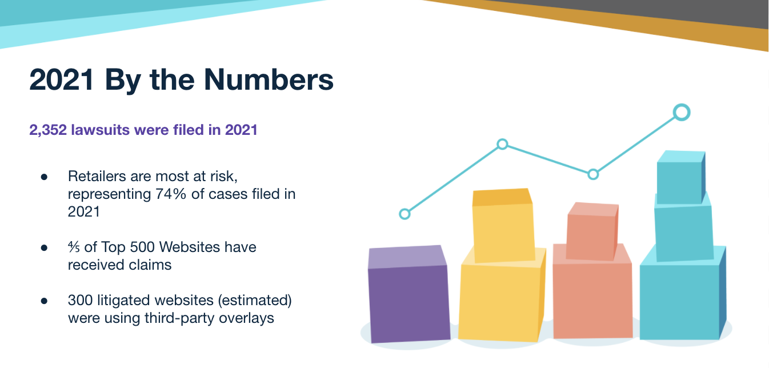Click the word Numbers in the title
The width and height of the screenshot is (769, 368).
click(x=269, y=79)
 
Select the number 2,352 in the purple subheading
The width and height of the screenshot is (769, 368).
click(x=48, y=130)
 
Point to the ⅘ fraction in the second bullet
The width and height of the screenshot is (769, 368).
click(x=74, y=247)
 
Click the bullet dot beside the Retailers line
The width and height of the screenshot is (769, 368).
click(x=44, y=177)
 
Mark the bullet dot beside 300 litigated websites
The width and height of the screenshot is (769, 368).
click(x=44, y=301)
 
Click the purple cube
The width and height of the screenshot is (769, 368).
click(x=408, y=294)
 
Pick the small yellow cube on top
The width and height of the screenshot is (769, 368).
click(x=503, y=225)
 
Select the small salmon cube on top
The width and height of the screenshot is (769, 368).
click(x=591, y=231)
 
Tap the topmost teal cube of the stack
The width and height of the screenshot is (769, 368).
click(x=681, y=177)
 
